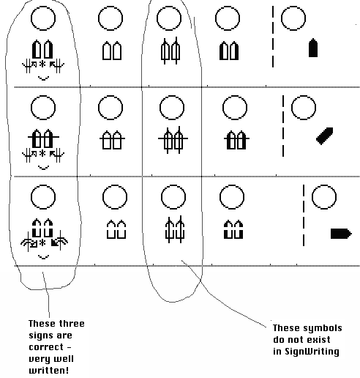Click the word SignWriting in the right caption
click(312, 352)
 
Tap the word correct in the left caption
click(46, 347)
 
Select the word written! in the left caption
click(49, 370)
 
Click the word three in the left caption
click(72, 324)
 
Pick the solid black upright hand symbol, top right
click(313, 48)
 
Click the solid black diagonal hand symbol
click(325, 136)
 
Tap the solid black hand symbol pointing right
click(341, 234)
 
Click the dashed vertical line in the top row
click(273, 37)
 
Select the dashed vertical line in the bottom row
click(304, 215)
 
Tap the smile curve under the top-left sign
click(44, 79)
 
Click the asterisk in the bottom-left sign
click(42, 242)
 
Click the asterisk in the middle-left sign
click(42, 154)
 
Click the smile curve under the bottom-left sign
click(44, 258)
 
